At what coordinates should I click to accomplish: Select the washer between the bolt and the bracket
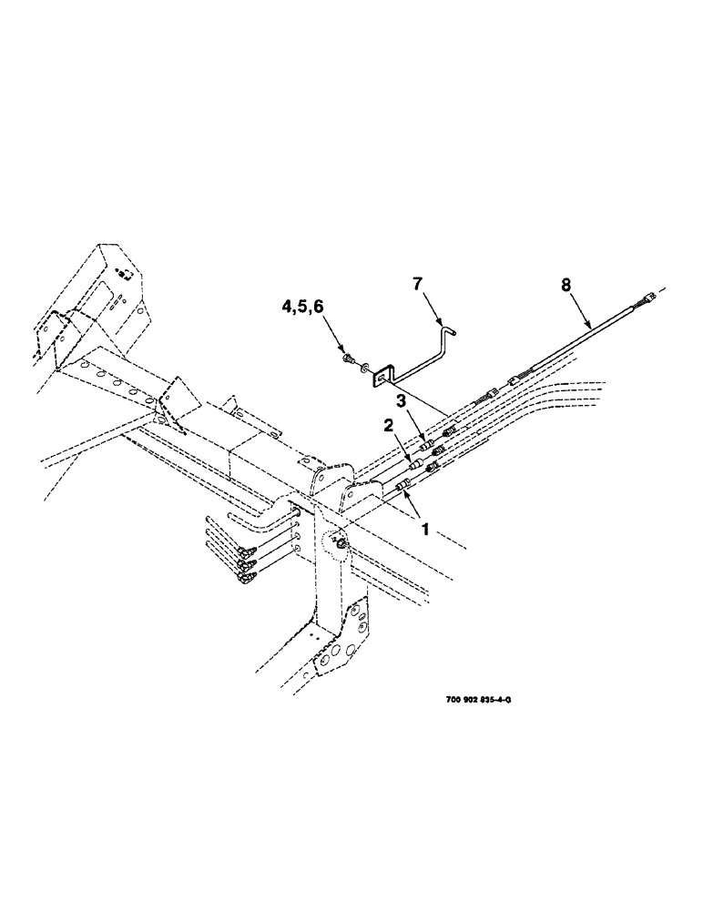(x=363, y=369)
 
